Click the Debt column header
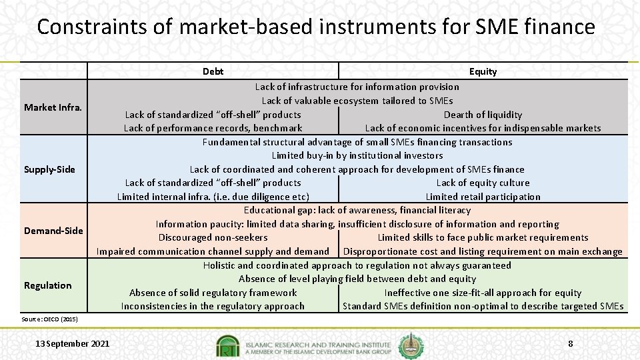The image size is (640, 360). (213, 71)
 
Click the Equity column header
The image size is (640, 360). (483, 71)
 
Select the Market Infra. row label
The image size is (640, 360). (53, 107)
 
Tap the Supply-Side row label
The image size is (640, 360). (49, 169)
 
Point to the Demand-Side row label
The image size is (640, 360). (53, 231)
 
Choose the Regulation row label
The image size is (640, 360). (47, 285)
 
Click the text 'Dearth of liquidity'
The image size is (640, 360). (483, 115)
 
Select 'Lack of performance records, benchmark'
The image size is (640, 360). (213, 128)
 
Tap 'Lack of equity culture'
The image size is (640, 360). (483, 183)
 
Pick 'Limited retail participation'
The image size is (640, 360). (483, 197)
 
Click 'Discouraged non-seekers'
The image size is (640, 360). (213, 237)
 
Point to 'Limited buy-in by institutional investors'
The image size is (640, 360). (357, 155)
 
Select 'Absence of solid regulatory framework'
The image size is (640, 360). (213, 293)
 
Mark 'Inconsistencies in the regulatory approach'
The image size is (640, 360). (213, 306)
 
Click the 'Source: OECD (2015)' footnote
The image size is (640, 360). (49, 319)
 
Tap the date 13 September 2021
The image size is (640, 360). (73, 344)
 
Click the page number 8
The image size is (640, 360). (570, 344)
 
